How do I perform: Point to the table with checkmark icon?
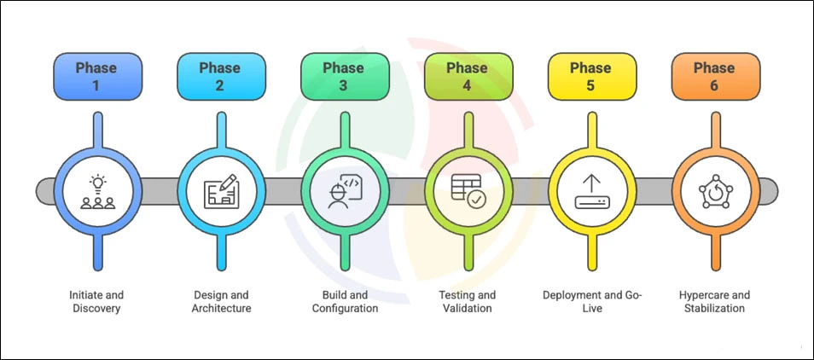467,192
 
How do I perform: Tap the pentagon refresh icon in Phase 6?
713,192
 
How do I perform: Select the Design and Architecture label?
221,301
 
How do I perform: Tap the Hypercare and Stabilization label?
714,301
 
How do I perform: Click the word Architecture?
221,308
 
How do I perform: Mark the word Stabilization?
714,308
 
